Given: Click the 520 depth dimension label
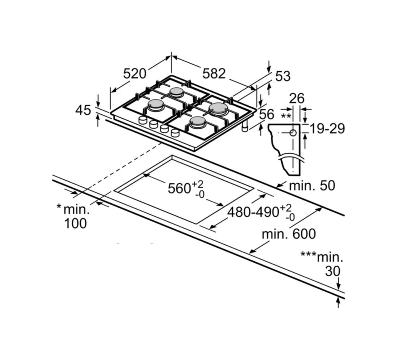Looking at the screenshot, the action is [x=135, y=74].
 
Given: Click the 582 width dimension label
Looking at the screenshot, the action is [x=214, y=74].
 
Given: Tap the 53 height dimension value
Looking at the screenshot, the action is [x=283, y=76].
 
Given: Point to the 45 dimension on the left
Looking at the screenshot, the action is [x=83, y=110].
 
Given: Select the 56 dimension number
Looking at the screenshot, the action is [x=267, y=114].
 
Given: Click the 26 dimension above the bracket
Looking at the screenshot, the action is [x=297, y=98].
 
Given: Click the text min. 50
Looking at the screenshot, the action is [x=312, y=185].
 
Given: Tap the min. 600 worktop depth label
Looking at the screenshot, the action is [x=289, y=234].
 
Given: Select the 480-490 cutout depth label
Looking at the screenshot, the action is [x=253, y=212].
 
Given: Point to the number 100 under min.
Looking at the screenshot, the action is [x=75, y=223].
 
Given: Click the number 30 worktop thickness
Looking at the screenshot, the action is [x=333, y=271].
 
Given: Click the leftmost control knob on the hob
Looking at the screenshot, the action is [x=143, y=120].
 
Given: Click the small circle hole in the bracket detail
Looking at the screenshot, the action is [x=293, y=133].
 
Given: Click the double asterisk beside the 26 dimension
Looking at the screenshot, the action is [x=286, y=116].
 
